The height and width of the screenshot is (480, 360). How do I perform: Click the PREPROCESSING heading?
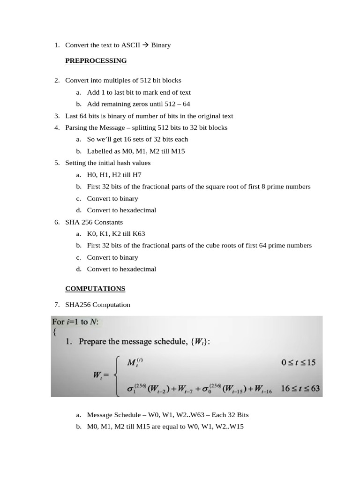(96, 60)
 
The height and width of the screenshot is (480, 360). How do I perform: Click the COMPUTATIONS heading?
(95, 289)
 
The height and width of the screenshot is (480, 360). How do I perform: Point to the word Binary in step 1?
(161, 45)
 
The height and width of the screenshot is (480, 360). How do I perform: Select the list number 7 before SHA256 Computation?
(56, 305)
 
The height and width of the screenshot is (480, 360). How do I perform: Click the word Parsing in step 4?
(75, 127)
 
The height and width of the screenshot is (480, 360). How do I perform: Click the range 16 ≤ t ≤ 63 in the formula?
(300, 388)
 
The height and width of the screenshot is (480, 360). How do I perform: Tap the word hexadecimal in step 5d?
(138, 210)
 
